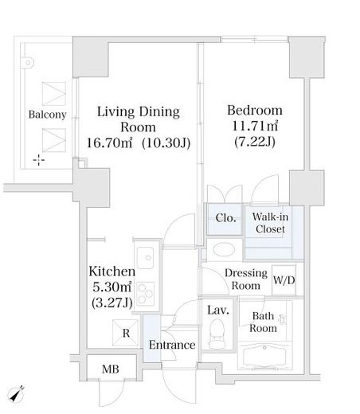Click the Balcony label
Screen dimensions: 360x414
[48, 115]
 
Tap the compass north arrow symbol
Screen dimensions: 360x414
[16, 394]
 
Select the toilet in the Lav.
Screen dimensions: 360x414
[217, 334]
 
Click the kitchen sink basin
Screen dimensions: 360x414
[145, 257]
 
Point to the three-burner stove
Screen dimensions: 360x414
[146, 293]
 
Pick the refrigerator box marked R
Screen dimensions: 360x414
[126, 333]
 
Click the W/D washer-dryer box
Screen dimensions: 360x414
[284, 280]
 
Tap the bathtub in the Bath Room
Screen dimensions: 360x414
[264, 356]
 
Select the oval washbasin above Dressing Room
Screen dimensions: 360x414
[224, 249]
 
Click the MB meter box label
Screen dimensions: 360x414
[111, 369]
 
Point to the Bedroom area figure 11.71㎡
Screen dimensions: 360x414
[255, 126]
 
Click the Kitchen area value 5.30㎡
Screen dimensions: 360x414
[112, 287]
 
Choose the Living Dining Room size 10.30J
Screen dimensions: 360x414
[166, 143]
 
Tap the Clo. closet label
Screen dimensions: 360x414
[225, 218]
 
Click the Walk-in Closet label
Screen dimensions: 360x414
[270, 223]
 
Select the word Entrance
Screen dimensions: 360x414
[172, 345]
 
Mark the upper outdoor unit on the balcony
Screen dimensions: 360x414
[54, 94]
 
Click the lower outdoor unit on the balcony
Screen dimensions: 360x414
[54, 140]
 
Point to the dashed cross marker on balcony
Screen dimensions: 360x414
[39, 160]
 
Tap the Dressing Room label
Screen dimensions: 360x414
[246, 279]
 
